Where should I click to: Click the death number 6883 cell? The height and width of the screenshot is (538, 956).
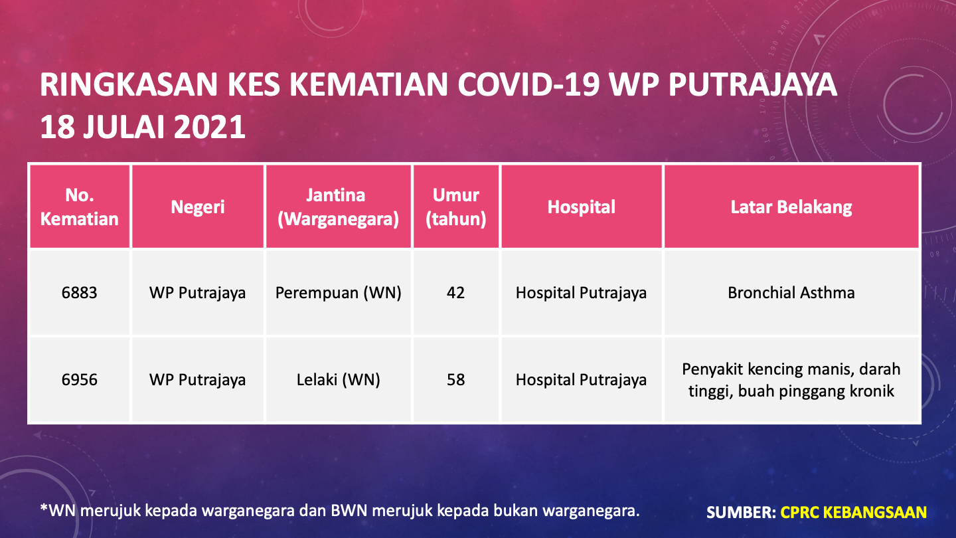click(x=80, y=293)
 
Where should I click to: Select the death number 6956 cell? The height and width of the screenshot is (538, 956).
click(x=80, y=380)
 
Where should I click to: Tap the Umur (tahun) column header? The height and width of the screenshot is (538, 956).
click(x=456, y=207)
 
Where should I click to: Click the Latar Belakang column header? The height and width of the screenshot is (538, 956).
click(x=791, y=207)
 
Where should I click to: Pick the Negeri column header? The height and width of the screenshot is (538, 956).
click(x=198, y=207)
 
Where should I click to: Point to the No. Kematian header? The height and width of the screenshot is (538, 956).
click(x=80, y=207)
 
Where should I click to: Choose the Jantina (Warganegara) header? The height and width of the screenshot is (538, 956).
click(x=338, y=207)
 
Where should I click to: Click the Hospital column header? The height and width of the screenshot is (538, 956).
click(x=582, y=207)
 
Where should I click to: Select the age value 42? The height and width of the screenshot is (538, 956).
click(x=456, y=293)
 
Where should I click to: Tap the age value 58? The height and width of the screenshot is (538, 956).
click(x=456, y=380)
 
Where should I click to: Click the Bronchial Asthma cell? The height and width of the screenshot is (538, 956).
click(x=791, y=293)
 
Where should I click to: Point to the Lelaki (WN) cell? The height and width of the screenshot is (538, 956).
click(x=338, y=380)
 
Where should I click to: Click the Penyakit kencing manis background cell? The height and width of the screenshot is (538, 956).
click(x=791, y=380)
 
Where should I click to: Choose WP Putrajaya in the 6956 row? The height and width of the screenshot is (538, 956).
click(x=198, y=380)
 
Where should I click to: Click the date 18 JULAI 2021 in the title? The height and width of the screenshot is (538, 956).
click(x=143, y=128)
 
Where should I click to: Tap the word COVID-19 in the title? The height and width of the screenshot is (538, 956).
click(x=529, y=84)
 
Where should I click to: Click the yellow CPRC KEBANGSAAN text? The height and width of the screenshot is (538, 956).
click(x=853, y=512)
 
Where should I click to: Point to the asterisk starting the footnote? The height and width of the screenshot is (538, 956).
click(x=44, y=507)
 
